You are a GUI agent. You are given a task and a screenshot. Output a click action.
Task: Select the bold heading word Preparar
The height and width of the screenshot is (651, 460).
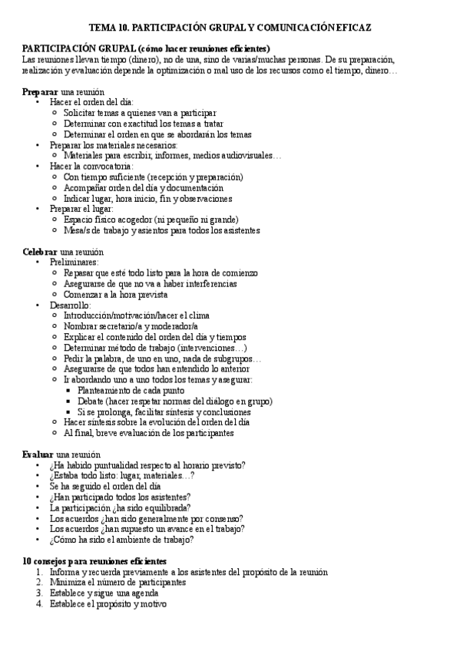click(40, 91)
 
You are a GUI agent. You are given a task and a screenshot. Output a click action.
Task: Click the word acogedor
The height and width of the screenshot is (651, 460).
click(149, 219)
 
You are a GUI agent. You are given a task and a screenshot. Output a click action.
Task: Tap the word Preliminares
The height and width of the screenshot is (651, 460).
click(74, 262)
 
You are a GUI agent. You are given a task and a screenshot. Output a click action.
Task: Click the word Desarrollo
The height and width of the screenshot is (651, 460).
click(70, 305)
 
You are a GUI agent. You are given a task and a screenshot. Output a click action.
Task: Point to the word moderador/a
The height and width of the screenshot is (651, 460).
click(174, 326)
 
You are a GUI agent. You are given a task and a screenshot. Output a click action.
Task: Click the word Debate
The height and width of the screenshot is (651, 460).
click(91, 401)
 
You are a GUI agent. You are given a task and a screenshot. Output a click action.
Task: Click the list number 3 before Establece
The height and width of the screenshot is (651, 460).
click(38, 593)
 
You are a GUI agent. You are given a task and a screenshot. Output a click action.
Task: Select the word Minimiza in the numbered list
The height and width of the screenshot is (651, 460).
click(67, 582)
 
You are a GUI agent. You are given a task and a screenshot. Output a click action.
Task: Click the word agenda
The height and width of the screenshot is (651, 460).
click(144, 593)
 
